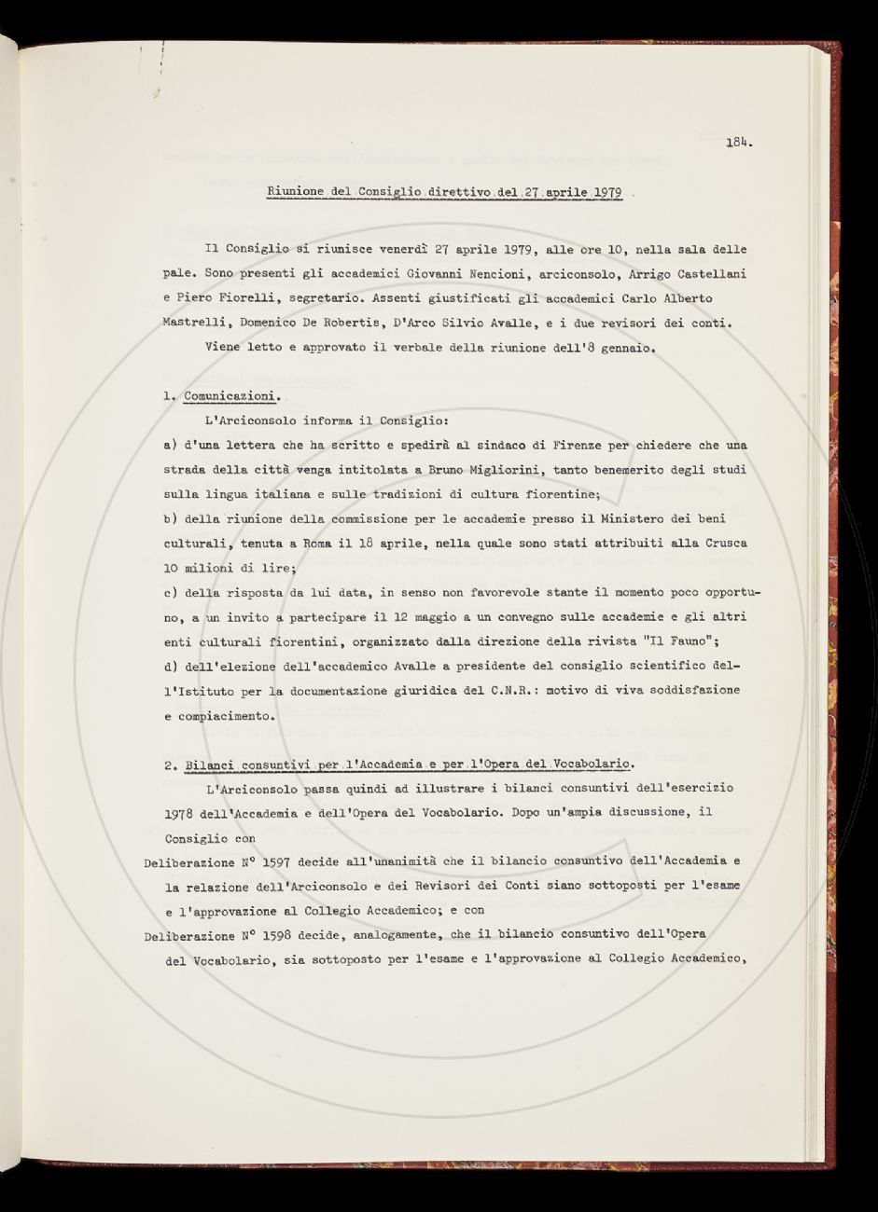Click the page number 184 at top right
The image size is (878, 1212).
[x=739, y=144]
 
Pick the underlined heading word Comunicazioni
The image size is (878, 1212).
[x=230, y=396]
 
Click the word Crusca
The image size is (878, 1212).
[x=722, y=543]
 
